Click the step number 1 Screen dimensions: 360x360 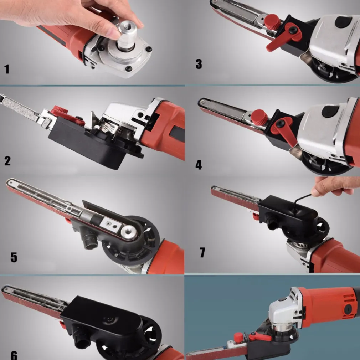click(7, 69)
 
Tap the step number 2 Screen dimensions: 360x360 click(7, 161)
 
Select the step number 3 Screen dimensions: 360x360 click(199, 64)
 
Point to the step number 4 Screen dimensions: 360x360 click(199, 165)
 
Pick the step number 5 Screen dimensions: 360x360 click(14, 257)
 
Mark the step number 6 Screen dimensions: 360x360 click(14, 355)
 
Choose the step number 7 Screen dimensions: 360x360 click(202, 252)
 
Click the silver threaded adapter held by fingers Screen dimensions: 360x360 click(127, 35)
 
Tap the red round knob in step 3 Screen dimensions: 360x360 click(272, 22)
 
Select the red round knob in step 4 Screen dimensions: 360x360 click(259, 117)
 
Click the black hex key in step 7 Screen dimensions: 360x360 click(300, 202)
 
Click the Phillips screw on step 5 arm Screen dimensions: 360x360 click(109, 223)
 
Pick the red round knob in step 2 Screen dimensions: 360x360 click(60, 110)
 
